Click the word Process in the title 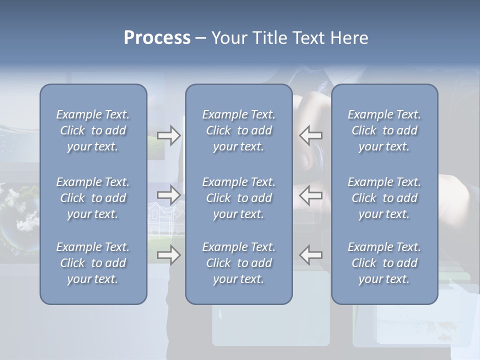coord(157,38)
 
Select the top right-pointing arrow coord(168,135)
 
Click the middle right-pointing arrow coord(168,195)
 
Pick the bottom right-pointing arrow coord(168,255)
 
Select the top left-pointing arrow coord(310,135)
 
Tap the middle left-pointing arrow coord(310,195)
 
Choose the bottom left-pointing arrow coord(310,255)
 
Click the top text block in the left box coord(93,130)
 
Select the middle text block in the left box coord(93,198)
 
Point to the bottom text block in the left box coord(93,263)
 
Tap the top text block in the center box coord(238,130)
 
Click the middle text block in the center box coord(238,198)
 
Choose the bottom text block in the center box coord(238,263)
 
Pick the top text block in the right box coord(384,130)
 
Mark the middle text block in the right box coord(384,198)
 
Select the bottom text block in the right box coord(384,263)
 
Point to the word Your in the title coord(227,38)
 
